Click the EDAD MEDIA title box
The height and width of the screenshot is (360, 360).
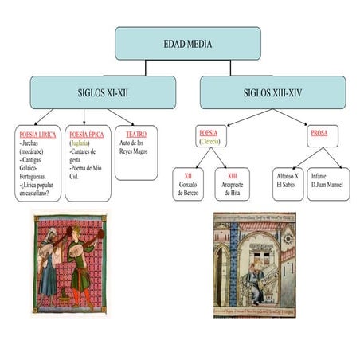188,43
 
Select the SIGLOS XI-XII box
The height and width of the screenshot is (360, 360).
103,92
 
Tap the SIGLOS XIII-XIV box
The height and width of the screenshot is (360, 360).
273,92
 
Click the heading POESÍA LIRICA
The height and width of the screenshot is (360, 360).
37,135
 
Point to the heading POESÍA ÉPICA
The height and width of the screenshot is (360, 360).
87,135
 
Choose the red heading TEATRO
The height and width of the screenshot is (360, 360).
136,134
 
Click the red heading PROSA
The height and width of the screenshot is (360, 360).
319,133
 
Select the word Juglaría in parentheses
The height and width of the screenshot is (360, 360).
80,143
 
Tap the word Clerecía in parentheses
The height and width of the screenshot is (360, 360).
209,141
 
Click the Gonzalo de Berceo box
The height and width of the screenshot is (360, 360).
188,184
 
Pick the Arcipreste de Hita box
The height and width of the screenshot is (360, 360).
232,184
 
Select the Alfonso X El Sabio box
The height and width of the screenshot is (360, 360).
288,184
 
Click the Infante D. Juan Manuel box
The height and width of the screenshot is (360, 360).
328,184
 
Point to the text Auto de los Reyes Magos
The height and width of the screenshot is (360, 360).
133,147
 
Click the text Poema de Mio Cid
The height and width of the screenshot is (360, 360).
85,172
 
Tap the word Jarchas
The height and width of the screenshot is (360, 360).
30,143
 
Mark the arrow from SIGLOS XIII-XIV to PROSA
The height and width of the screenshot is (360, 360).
290,117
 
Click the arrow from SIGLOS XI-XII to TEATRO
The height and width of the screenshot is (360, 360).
121,117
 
